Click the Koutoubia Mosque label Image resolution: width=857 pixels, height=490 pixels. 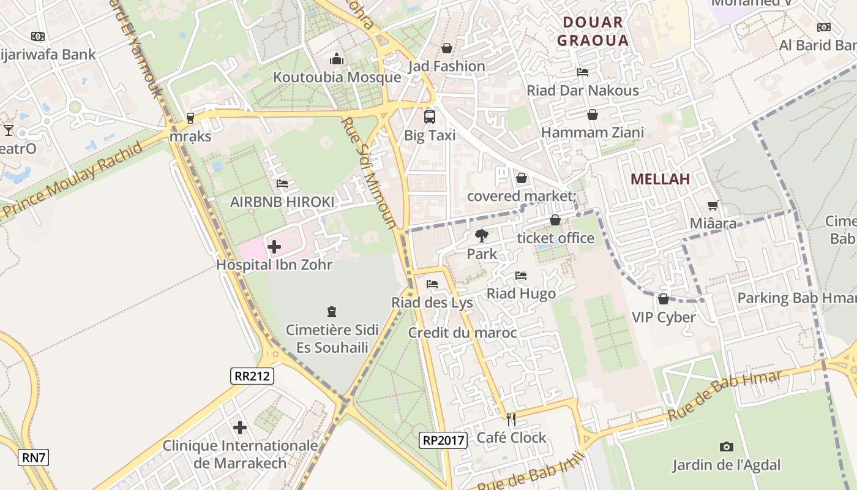click(337, 77)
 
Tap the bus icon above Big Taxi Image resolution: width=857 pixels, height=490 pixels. click(430, 116)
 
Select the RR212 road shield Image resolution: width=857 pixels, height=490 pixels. click(252, 375)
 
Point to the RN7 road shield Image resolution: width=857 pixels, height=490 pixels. click(33, 457)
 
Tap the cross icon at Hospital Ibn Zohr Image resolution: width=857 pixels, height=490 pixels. click(274, 247)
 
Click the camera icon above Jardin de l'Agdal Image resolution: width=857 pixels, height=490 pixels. click(727, 447)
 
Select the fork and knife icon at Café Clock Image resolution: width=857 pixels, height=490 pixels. click(511, 419)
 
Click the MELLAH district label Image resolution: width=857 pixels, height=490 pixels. click(660, 179)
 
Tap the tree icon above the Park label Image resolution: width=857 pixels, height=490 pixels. click(482, 235)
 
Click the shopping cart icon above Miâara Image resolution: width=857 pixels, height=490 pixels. click(713, 206)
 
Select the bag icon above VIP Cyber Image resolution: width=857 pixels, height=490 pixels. click(664, 299)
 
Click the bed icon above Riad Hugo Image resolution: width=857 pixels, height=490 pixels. click(521, 276)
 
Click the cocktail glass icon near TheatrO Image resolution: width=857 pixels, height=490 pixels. click(9, 130)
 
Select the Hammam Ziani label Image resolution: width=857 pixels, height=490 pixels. click(593, 132)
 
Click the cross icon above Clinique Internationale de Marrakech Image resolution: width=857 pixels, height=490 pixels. click(240, 427)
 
